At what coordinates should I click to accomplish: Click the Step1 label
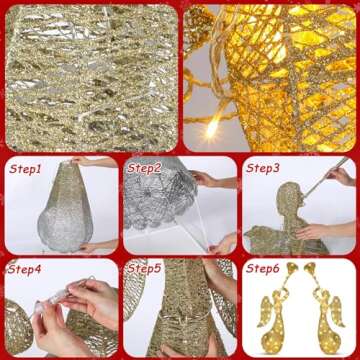pos(26,169)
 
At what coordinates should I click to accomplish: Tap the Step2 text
pos(144,168)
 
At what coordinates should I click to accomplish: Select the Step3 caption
pos(263,168)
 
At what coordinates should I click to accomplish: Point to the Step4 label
pos(26,270)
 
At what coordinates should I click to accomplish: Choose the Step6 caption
pos(262,270)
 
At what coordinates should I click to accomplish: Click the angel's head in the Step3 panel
pos(291,194)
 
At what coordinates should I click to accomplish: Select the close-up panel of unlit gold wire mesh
pos(90,76)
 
